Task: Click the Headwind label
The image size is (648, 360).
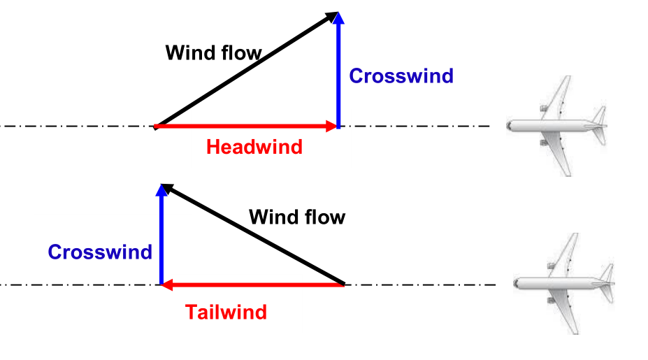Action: (254, 147)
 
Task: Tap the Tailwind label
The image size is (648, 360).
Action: (226, 312)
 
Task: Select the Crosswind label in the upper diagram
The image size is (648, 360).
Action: (401, 75)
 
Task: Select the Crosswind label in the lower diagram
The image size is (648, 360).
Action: (100, 252)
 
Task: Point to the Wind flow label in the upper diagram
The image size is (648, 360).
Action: (213, 52)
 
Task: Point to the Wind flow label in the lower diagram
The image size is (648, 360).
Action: (297, 217)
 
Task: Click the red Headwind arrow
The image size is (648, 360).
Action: (245, 127)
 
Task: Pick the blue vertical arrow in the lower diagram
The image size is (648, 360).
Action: (162, 238)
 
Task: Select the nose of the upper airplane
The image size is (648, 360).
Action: (510, 127)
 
